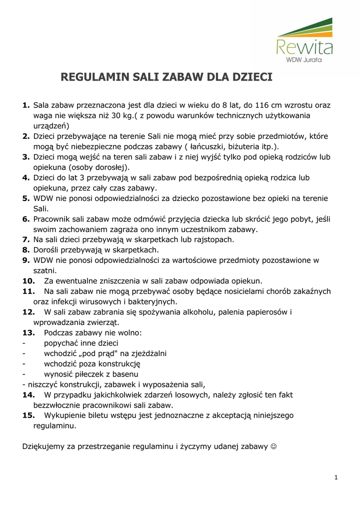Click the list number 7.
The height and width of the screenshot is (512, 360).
[x=26, y=239]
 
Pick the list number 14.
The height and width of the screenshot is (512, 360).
[x=28, y=395]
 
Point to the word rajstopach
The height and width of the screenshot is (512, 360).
[x=211, y=239]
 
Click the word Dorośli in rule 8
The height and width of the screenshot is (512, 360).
[x=48, y=250]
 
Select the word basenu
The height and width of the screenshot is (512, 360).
[x=123, y=374]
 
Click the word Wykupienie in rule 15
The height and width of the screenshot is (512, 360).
[x=66, y=415]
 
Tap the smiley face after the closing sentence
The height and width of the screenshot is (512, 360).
[x=274, y=446]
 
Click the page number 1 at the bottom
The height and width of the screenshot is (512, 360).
[x=336, y=477]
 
